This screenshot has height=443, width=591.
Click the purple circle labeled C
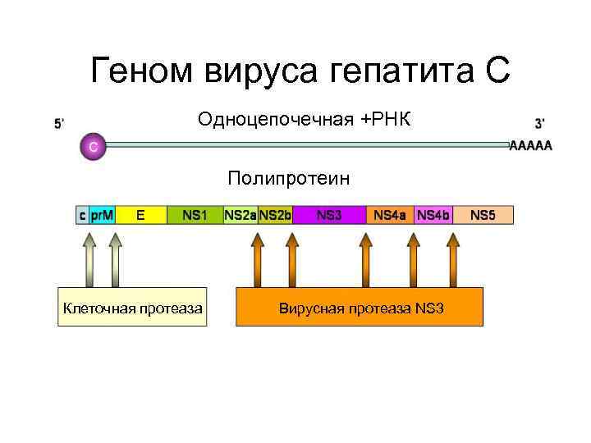point(93,147)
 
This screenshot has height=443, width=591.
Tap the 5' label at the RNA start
point(59,124)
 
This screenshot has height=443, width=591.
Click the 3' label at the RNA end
point(540,124)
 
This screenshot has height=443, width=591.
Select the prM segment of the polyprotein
point(102,215)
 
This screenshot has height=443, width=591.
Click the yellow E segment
point(140,215)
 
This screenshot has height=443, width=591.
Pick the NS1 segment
point(195,215)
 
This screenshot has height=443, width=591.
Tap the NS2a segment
point(240,215)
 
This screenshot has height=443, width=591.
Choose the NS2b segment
point(275,215)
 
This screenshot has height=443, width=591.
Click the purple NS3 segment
point(329,215)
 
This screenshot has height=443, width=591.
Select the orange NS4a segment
point(389,215)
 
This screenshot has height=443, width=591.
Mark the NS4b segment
point(433,215)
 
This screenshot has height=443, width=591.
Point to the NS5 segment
point(483,215)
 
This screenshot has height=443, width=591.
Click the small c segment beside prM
point(82,215)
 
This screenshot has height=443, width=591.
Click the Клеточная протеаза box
point(131,308)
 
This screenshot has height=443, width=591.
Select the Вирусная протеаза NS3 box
point(360,308)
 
